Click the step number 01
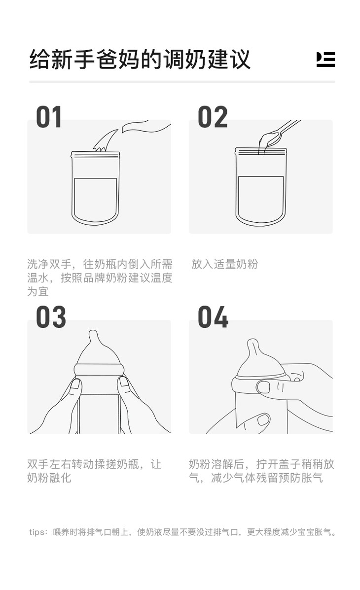pos(49,117)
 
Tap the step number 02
pos(213,117)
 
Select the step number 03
pos(51,317)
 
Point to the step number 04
pos(213,317)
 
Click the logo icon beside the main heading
pos(325,60)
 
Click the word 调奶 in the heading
pos(182,60)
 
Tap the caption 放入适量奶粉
pos(224,264)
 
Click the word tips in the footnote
pos(36,532)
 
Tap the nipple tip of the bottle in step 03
pos(93,335)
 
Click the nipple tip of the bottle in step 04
pos(252,344)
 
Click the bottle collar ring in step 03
pos(99,369)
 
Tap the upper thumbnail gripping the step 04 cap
pos(264,387)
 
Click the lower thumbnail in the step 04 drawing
pos(264,419)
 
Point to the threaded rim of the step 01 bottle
pos(95,154)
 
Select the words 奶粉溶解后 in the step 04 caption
pos(216,464)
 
